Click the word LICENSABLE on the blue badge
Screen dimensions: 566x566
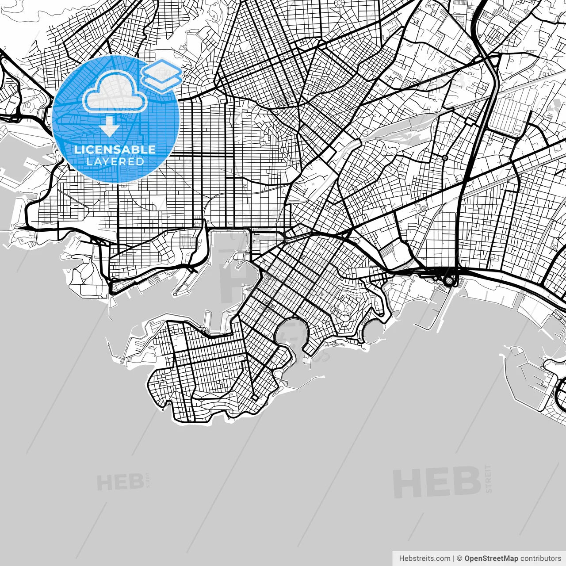pyautogui.click(x=115, y=149)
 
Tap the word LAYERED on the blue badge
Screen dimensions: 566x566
pyautogui.click(x=115, y=161)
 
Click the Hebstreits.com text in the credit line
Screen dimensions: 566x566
pyautogui.click(x=424, y=558)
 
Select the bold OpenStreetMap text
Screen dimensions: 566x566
pyautogui.click(x=491, y=558)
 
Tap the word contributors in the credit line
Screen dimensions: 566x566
pyautogui.click(x=540, y=558)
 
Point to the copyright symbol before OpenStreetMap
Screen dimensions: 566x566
pyautogui.click(x=459, y=558)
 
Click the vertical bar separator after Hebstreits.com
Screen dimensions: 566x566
pyautogui.click(x=454, y=558)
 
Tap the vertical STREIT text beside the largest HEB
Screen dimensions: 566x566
pyautogui.click(x=488, y=478)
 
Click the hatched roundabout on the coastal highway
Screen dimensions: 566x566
pyautogui.click(x=450, y=279)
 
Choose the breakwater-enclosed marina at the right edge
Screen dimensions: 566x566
pyautogui.click(x=528, y=376)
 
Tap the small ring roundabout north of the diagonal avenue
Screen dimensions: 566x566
pyautogui.click(x=445, y=158)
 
